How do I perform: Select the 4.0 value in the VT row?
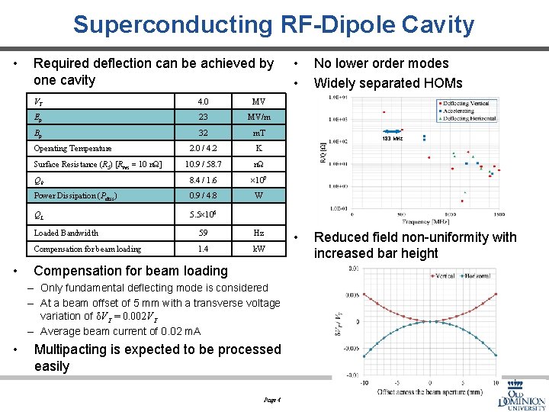click(x=203, y=101)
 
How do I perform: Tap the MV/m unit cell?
click(x=258, y=117)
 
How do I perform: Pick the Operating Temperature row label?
click(x=73, y=149)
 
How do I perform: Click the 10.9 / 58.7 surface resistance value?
click(x=203, y=165)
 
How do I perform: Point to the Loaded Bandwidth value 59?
click(x=203, y=233)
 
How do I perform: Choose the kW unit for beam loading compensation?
click(x=258, y=249)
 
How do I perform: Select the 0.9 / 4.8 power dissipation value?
click(x=203, y=195)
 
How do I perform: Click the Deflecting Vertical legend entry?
click(x=466, y=103)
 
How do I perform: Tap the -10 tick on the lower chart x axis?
click(x=364, y=383)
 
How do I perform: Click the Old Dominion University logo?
click(x=522, y=393)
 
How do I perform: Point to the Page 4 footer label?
click(x=272, y=400)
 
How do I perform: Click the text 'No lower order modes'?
click(x=381, y=63)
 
